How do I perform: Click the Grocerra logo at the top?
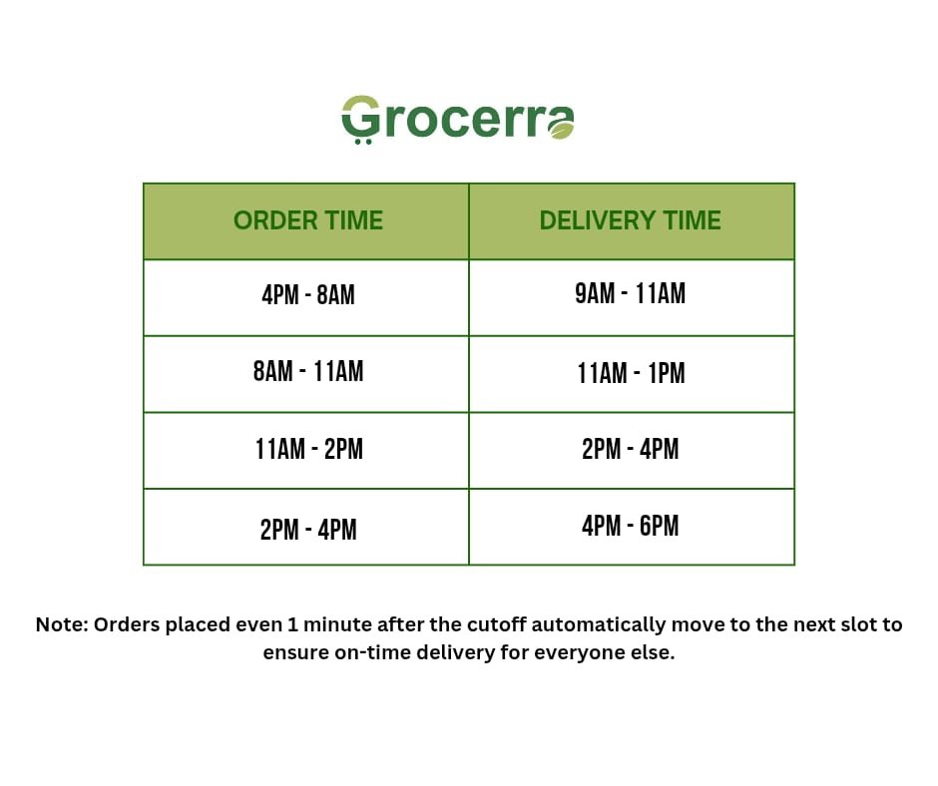[x=458, y=120]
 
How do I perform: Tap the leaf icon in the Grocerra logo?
[x=562, y=128]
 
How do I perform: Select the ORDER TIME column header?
[x=308, y=220]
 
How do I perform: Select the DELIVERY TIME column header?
[x=631, y=220]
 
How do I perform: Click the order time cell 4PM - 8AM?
[x=308, y=295]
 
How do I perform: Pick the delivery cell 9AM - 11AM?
[x=631, y=293]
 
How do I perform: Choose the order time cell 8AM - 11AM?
[x=308, y=371]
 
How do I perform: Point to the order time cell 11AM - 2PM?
[x=308, y=449]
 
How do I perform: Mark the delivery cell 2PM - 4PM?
[x=631, y=449]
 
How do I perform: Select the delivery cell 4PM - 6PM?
[x=631, y=526]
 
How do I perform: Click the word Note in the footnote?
[x=62, y=624]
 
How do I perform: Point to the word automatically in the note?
[x=598, y=625]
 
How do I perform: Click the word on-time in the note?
[x=372, y=652]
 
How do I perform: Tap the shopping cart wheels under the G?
[x=363, y=142]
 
